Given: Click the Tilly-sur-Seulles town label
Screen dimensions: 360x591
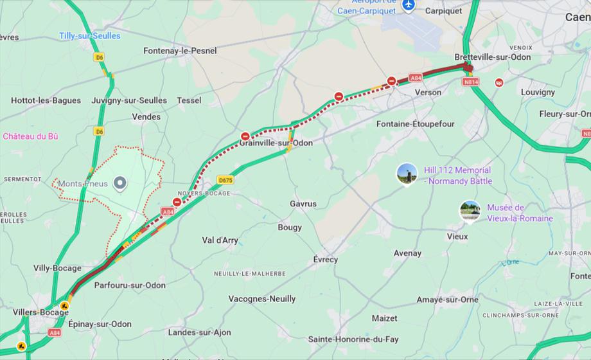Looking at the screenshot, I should [89, 36].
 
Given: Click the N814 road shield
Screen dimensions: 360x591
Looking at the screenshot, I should [471, 82].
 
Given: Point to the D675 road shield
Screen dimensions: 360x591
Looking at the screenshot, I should [225, 180].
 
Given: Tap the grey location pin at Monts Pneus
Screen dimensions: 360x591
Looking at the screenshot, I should [119, 184].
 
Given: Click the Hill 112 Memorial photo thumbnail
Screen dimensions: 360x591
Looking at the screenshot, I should [407, 174].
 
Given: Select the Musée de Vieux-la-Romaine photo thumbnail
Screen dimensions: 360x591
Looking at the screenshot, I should [470, 211].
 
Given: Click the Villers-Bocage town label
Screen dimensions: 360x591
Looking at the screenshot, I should [40, 312].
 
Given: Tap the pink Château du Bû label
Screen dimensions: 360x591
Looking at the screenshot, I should [30, 136].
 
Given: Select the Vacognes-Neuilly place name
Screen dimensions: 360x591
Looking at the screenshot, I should [262, 298].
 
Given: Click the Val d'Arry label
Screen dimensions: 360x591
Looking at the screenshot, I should [220, 240].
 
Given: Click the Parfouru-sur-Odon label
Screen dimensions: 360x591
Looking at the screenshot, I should [130, 285].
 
